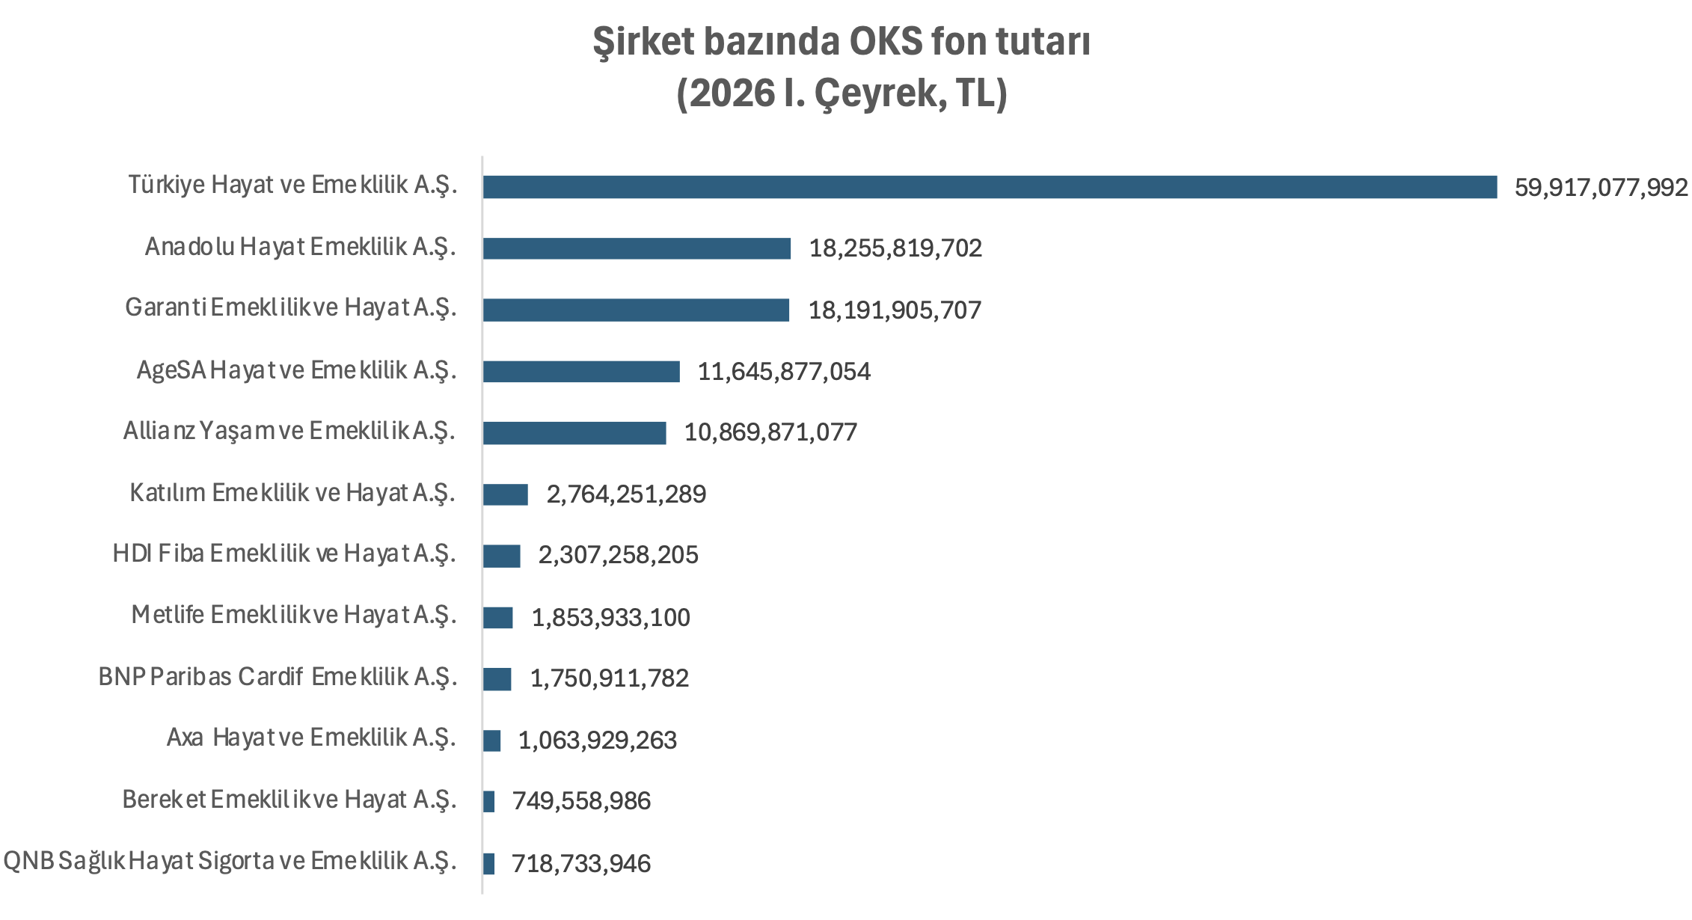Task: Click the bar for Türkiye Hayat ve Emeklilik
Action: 989,187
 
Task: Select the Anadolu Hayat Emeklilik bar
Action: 637,248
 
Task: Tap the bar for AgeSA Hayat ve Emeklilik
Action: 581,371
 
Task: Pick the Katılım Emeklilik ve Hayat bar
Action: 506,494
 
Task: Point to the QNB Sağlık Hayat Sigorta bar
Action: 489,864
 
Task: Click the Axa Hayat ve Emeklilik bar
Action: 492,740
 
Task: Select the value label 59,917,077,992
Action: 1601,187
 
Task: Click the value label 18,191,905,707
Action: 895,310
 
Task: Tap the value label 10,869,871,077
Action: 770,432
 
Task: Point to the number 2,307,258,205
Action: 618,555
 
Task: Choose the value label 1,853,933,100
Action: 610,618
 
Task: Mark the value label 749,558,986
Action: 581,801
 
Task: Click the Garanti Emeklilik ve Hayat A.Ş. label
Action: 290,307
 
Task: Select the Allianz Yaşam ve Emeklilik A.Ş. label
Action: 289,431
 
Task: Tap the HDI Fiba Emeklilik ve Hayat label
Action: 283,553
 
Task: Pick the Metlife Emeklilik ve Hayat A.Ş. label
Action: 293,615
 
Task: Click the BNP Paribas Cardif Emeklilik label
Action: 277,677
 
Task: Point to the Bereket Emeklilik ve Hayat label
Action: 289,800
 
